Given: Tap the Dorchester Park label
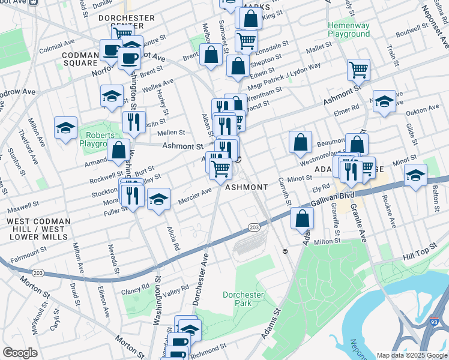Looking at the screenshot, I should (x=243, y=299).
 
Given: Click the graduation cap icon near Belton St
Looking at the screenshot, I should (x=415, y=175).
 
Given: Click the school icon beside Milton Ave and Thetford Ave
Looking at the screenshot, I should (x=65, y=127).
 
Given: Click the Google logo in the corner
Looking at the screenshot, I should (x=20, y=353).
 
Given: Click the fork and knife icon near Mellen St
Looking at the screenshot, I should (x=134, y=122).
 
